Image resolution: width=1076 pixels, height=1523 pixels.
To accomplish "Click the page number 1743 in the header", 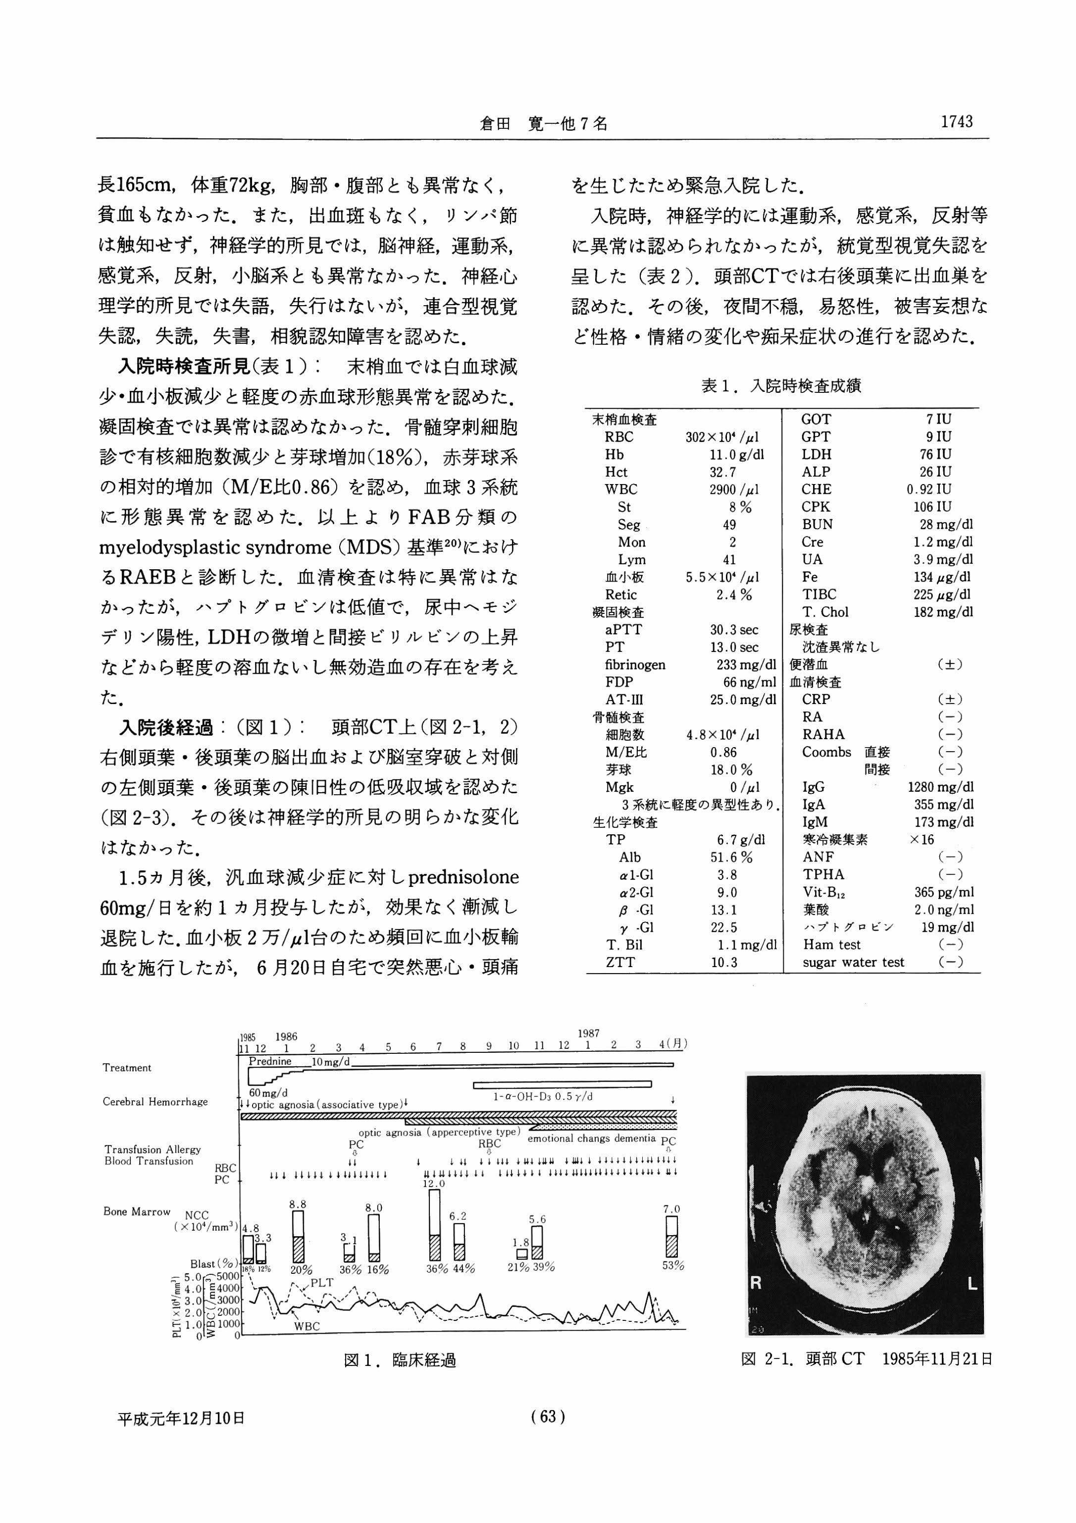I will click(955, 122).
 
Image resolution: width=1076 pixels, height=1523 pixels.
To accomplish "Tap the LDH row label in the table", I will click(816, 454).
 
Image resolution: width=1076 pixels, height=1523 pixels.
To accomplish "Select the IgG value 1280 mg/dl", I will click(940, 787).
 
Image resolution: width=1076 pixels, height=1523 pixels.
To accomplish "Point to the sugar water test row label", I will click(853, 963).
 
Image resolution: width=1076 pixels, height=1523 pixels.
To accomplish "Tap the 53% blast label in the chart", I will click(673, 1266).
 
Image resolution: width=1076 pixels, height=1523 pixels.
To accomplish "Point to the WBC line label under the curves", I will click(307, 1327).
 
